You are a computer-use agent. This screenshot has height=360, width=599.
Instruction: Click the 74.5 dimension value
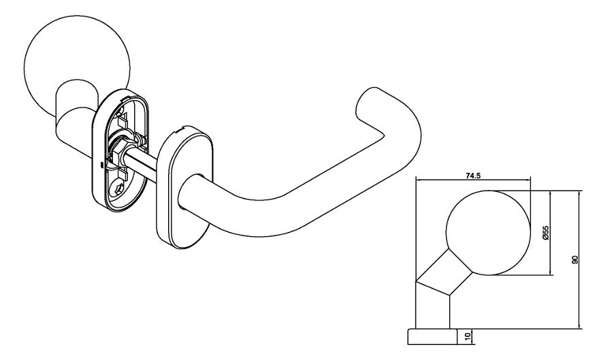[472, 176]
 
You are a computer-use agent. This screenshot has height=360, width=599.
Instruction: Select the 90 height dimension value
[575, 259]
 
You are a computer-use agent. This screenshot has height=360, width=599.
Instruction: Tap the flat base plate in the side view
[432, 336]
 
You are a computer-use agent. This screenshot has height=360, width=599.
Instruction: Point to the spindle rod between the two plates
[143, 161]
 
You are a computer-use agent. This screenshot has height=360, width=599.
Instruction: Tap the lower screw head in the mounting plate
[117, 188]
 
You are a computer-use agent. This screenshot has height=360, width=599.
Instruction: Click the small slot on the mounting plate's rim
[101, 165]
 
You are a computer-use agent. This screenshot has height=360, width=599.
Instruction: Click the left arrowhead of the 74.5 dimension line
[417, 180]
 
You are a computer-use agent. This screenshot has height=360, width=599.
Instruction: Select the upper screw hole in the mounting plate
[121, 112]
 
